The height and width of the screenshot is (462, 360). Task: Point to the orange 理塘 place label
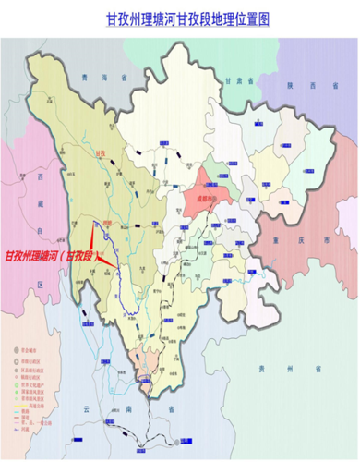107,223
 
